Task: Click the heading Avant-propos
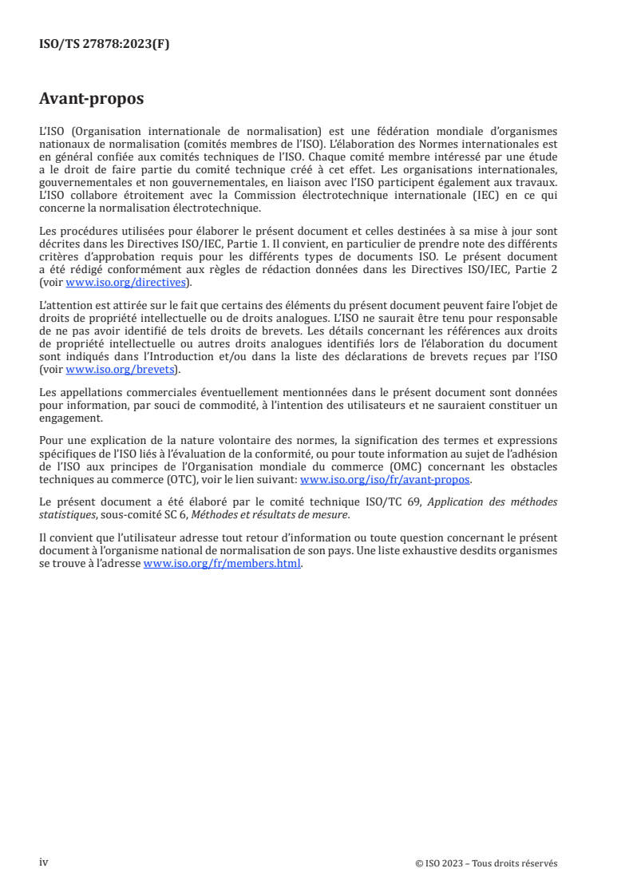click(92, 99)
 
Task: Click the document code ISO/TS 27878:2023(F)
click(104, 45)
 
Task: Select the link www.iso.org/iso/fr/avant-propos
click(385, 480)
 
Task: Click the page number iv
click(44, 862)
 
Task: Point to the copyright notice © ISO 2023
click(486, 863)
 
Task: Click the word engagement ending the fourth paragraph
click(70, 417)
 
